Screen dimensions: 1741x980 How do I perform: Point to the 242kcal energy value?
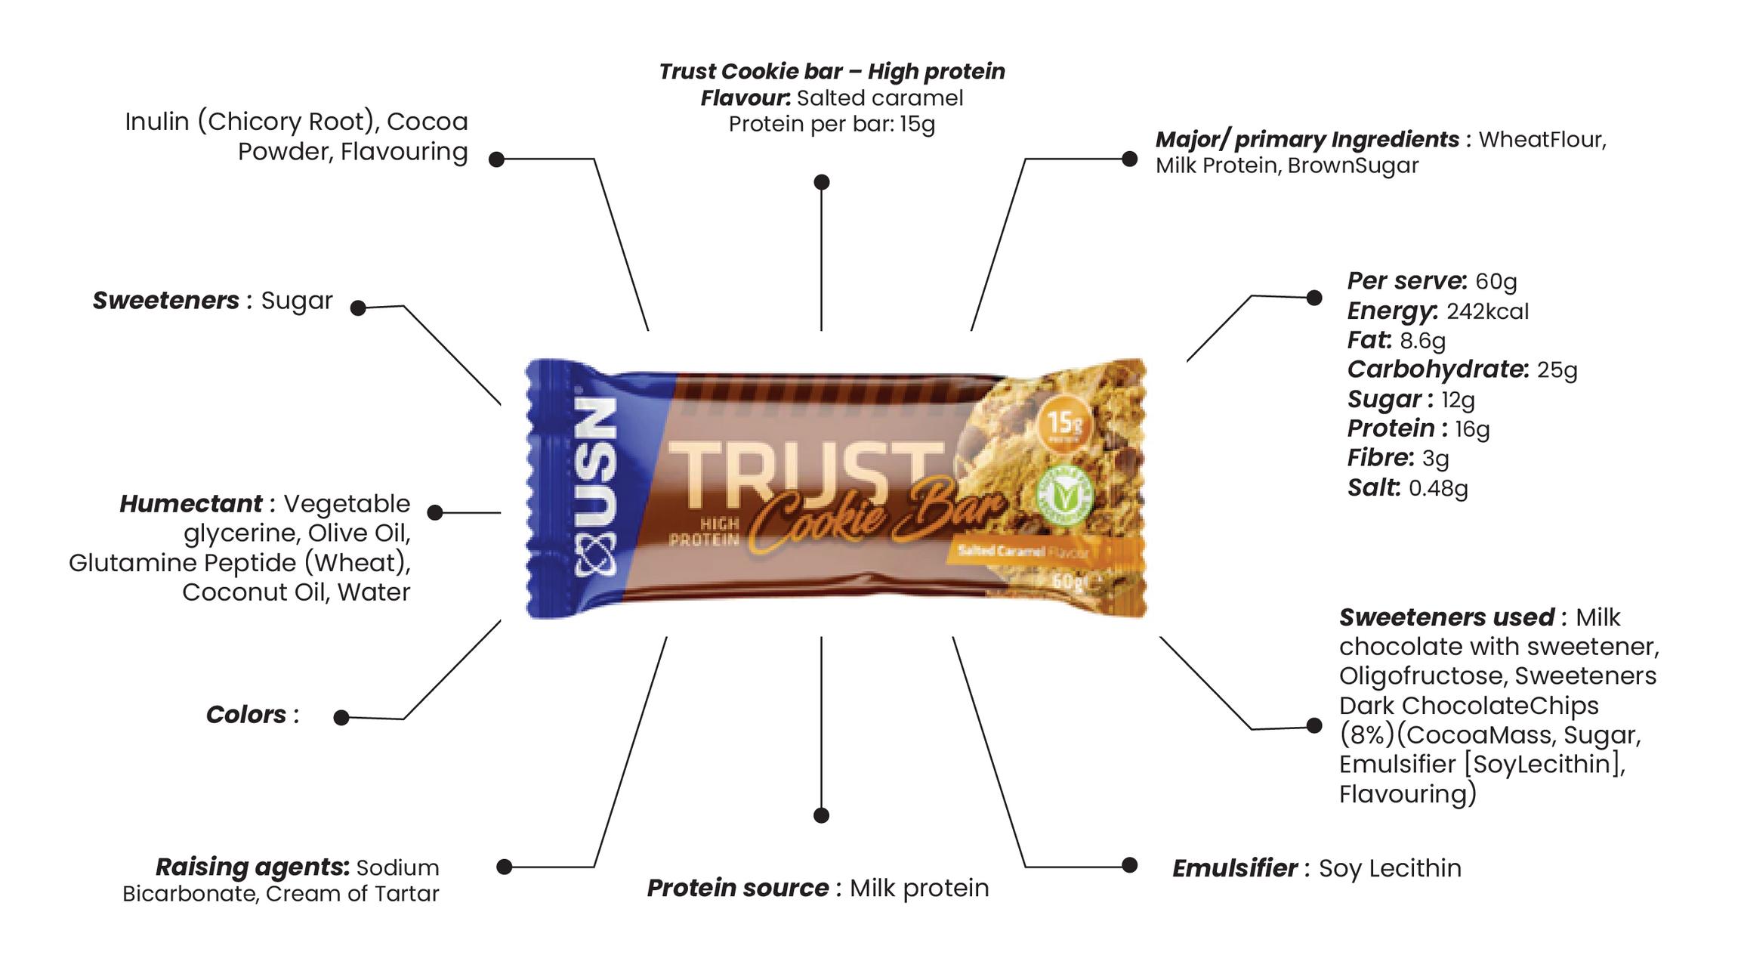(1487, 311)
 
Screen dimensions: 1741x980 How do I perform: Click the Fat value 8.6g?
(1422, 341)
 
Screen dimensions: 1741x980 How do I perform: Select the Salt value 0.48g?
(1438, 488)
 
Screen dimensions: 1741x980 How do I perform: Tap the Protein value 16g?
(1472, 429)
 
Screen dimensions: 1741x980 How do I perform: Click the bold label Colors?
(246, 715)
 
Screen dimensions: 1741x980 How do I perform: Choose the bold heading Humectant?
(190, 504)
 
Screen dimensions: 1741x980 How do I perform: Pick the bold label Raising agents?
(252, 867)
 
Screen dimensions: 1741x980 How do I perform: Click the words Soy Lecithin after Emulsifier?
(1390, 868)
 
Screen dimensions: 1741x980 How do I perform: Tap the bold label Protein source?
(737, 888)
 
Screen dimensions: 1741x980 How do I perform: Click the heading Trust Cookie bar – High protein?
(832, 72)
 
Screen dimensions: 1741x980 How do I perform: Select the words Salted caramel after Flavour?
(880, 98)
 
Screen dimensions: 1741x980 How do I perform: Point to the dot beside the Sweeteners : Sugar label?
(358, 308)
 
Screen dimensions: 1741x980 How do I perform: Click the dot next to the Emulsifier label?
(1129, 865)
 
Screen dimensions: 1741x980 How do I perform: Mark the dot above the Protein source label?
(821, 815)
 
